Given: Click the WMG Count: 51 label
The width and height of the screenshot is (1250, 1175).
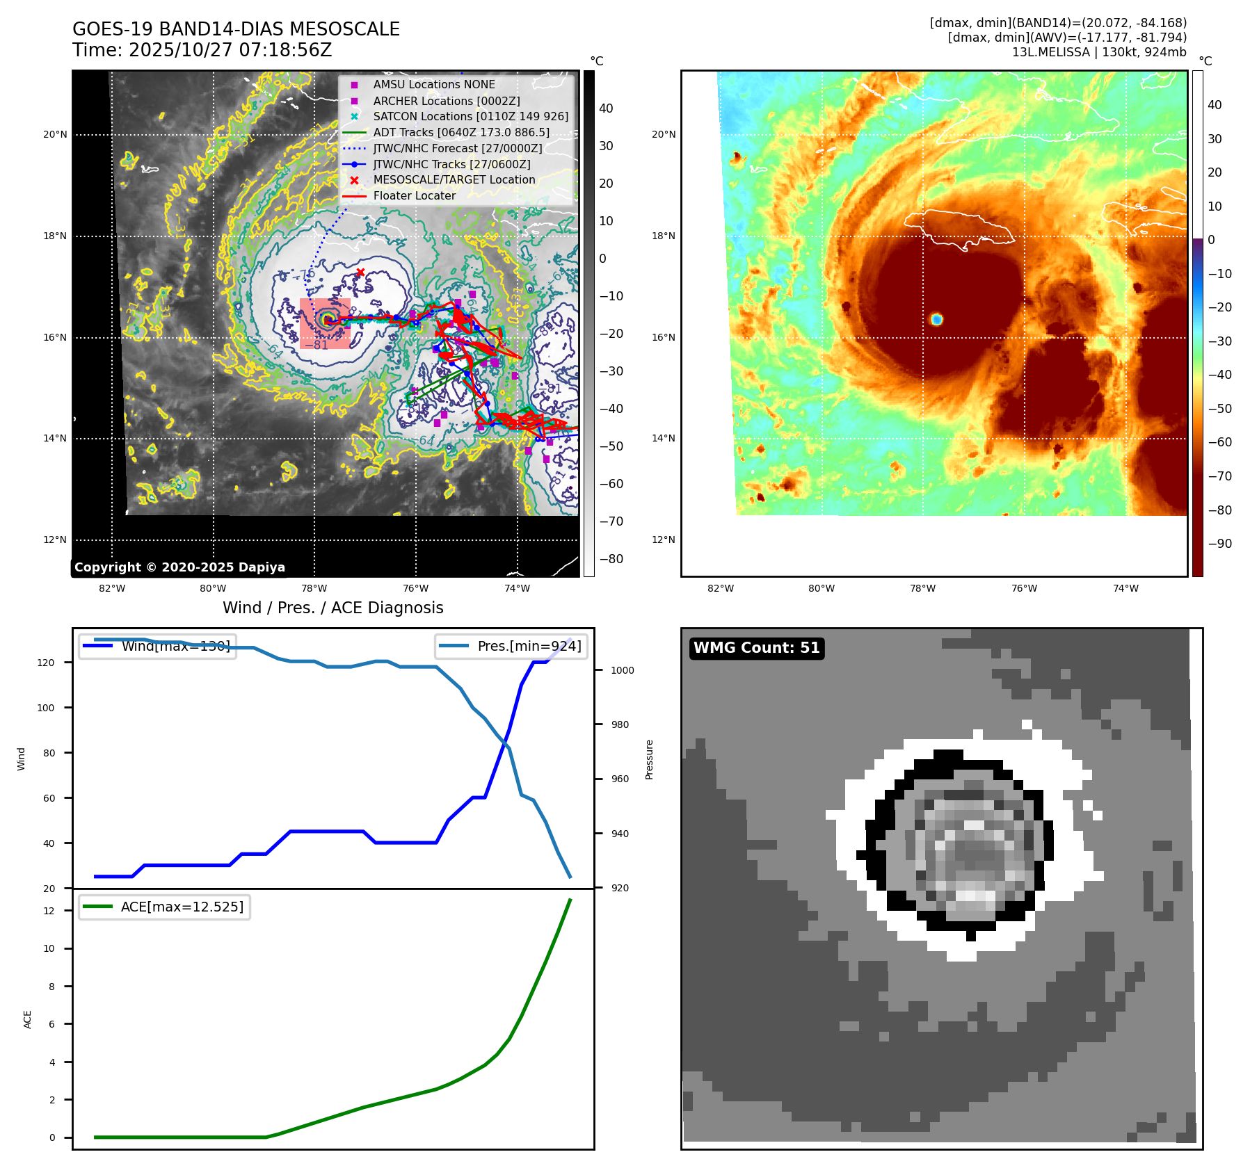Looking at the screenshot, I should pos(756,648).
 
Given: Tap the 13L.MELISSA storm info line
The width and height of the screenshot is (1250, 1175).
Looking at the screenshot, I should pos(1099,52).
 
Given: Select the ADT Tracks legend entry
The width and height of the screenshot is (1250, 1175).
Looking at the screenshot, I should pos(460,132).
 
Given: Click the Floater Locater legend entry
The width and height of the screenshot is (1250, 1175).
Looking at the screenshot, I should pos(414,196).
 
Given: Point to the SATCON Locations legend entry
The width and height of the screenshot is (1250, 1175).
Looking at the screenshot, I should pos(470,117).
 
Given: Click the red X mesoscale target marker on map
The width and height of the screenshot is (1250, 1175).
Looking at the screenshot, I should pos(360,273).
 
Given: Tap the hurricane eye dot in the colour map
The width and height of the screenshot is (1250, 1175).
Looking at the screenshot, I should pos(936,319).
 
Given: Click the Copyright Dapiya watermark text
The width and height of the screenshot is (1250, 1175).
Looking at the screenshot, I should pos(179,567).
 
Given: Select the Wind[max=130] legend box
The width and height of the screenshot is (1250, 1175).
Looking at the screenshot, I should pos(158,646).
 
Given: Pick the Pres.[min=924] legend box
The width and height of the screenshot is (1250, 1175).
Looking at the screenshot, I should pos(511,646).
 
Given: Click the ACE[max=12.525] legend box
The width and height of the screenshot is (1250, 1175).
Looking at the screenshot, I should pos(165,907).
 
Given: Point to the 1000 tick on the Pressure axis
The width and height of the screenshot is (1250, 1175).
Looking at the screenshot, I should pos(623,670).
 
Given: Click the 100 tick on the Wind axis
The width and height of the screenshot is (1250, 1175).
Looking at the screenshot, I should pos(46,708).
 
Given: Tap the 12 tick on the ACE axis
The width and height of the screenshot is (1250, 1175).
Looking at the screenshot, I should pos(49,911).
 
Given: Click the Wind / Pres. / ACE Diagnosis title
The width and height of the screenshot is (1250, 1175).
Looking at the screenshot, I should pos(332,608).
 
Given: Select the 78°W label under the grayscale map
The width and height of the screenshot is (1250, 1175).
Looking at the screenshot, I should pos(314,588).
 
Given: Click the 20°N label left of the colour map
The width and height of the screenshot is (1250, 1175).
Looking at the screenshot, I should pos(663,135).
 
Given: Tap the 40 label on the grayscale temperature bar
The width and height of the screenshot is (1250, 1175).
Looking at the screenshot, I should pos(606,108).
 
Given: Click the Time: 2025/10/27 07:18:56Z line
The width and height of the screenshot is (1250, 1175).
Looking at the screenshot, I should pos(202,50).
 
